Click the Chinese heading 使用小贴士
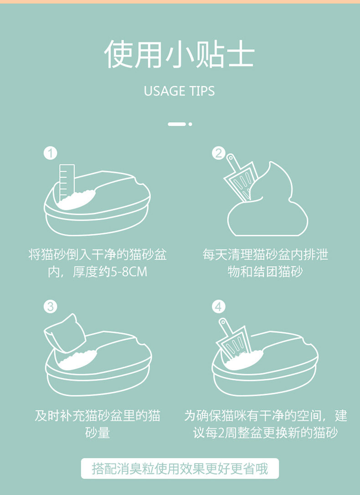point(179,54)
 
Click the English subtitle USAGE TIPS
point(179,91)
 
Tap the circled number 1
point(50,153)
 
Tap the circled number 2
point(218,153)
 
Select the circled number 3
point(50,307)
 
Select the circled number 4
point(218,307)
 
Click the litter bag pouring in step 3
point(65,333)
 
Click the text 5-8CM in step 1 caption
point(129,272)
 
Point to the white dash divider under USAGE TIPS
point(177,124)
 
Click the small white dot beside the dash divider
point(190,124)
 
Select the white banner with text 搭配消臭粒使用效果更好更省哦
point(180,469)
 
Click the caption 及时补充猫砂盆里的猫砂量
point(98,424)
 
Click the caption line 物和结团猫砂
point(265,272)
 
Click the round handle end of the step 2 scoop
point(230,157)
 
